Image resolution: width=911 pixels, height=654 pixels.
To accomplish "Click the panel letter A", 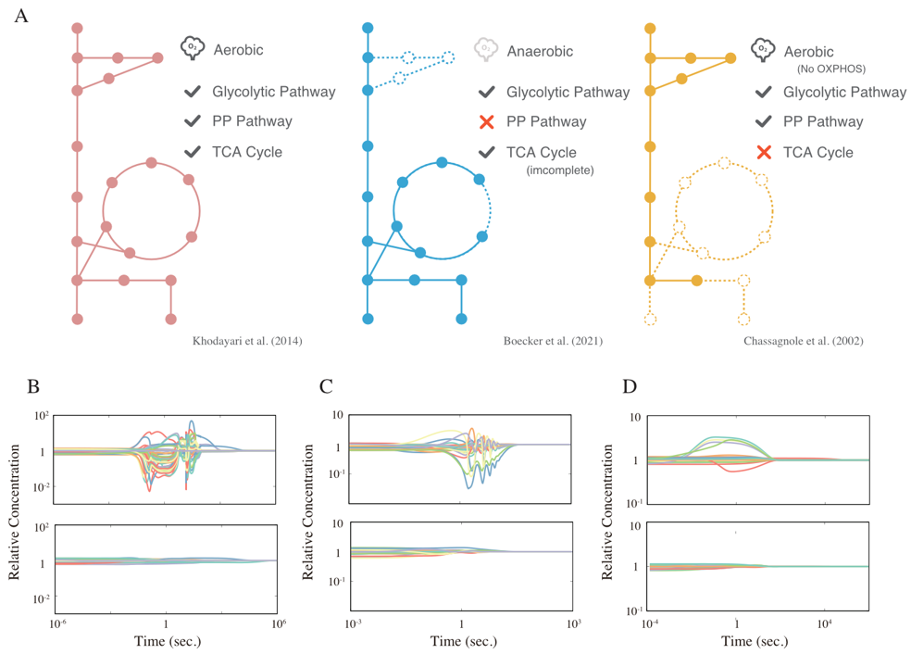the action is tap(21, 16).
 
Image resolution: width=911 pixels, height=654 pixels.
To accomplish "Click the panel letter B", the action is tap(33, 386).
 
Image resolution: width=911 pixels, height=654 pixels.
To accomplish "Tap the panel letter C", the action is tap(326, 386).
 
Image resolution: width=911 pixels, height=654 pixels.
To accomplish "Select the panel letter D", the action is tap(630, 386).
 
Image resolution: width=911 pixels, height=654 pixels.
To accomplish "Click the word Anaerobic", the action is tap(540, 51).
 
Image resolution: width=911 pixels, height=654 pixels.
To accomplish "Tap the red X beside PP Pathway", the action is tap(487, 121).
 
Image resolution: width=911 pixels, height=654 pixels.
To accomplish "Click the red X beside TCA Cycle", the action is tap(764, 152).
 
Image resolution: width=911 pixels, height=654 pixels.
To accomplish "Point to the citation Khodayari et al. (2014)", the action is tap(247, 341).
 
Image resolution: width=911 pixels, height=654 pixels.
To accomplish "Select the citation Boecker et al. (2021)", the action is tap(553, 341).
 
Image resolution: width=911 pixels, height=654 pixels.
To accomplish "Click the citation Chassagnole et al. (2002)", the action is tap(804, 341).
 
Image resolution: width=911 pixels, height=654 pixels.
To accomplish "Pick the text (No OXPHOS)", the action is tap(830, 69).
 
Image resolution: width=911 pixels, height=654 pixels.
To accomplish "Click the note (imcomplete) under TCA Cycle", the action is tap(560, 170).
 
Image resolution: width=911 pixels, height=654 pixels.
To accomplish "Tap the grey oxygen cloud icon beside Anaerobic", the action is tap(486, 49).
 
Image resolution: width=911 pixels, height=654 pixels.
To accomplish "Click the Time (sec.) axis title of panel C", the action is tap(464, 641).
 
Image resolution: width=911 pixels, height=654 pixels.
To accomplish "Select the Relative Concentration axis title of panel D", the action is tap(607, 512).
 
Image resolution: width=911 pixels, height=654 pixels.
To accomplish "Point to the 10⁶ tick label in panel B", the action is tap(279, 623).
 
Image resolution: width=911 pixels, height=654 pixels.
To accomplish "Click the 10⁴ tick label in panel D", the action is tap(824, 623).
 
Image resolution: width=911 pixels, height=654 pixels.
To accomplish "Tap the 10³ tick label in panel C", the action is tap(574, 623).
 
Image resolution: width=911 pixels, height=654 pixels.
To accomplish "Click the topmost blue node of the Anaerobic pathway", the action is tap(368, 28).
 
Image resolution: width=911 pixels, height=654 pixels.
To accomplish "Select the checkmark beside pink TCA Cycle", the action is tap(193, 152).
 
